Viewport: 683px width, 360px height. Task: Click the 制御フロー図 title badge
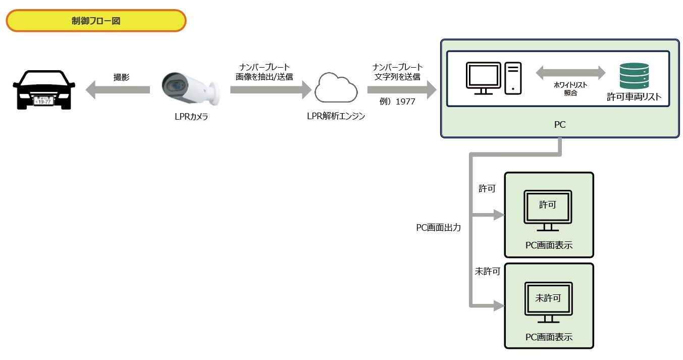click(x=96, y=21)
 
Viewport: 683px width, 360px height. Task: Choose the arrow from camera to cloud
click(x=271, y=90)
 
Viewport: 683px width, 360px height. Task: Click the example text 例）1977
click(x=397, y=101)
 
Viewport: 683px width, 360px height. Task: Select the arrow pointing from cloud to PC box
click(x=401, y=90)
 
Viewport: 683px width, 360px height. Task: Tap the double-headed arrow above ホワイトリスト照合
click(x=570, y=72)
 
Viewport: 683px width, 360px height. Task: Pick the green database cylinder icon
click(x=634, y=76)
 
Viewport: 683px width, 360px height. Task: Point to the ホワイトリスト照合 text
click(x=570, y=89)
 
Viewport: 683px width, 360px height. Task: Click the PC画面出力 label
click(x=438, y=228)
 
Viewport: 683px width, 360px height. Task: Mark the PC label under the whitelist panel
click(x=559, y=124)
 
